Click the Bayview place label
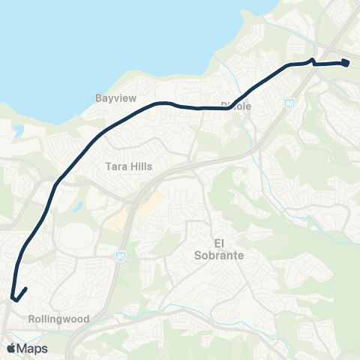[114, 98]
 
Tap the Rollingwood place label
[58, 319]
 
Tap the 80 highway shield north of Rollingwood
[121, 256]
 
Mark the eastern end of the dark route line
[348, 64]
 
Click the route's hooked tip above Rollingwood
[26, 289]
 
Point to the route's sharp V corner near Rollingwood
[13, 300]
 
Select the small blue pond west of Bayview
[18, 130]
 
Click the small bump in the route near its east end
[312, 60]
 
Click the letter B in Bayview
[98, 98]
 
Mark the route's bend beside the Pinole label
[228, 108]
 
